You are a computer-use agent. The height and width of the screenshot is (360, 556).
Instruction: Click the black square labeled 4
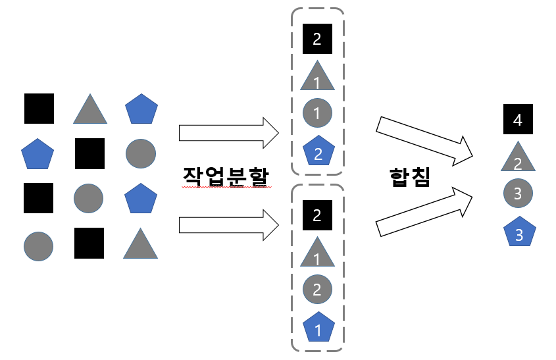click(517, 120)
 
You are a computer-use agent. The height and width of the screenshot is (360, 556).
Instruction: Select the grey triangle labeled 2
click(517, 158)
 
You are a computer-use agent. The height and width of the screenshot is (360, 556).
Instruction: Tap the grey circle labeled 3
click(517, 193)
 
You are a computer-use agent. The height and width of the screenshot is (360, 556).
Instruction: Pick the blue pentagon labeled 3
click(517, 232)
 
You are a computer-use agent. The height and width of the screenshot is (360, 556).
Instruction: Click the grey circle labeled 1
click(317, 113)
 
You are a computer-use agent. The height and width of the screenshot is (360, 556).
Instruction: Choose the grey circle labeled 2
click(317, 288)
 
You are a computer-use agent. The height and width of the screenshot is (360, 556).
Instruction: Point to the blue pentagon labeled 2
click(317, 152)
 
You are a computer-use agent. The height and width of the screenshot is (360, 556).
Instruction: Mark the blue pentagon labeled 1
click(317, 328)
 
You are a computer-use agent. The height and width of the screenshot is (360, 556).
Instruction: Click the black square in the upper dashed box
click(317, 39)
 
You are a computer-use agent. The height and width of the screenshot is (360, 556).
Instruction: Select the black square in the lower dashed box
click(317, 215)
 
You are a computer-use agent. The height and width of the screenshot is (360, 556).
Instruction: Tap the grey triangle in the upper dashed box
click(317, 78)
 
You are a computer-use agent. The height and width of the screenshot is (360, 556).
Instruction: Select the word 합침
click(409, 176)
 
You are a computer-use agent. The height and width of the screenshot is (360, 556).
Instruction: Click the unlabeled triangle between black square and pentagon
click(90, 109)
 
